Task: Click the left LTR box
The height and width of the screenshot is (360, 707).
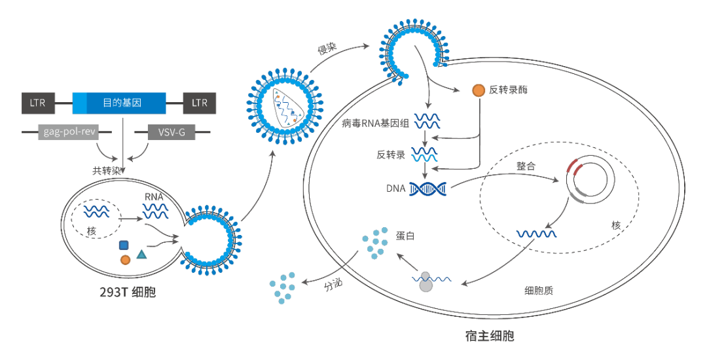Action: pos(38,103)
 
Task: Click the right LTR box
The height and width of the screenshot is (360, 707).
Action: pos(199,103)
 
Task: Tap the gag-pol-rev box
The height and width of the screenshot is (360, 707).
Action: pos(70,132)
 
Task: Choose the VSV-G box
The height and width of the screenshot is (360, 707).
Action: pos(172,132)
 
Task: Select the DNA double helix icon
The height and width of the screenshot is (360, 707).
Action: pos(429,189)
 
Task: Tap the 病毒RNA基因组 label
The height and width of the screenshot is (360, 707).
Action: pos(375,122)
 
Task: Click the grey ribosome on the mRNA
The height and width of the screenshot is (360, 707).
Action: pos(426,282)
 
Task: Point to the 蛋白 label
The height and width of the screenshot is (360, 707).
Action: pos(405,236)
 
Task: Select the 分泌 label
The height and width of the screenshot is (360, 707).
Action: pos(333,285)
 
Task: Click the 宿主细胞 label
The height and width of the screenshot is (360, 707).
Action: pos(490,336)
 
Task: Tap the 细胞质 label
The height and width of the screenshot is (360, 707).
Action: pos(539,290)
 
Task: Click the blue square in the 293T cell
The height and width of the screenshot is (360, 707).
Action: pos(123,245)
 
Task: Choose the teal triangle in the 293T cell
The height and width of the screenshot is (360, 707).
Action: pos(141,253)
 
